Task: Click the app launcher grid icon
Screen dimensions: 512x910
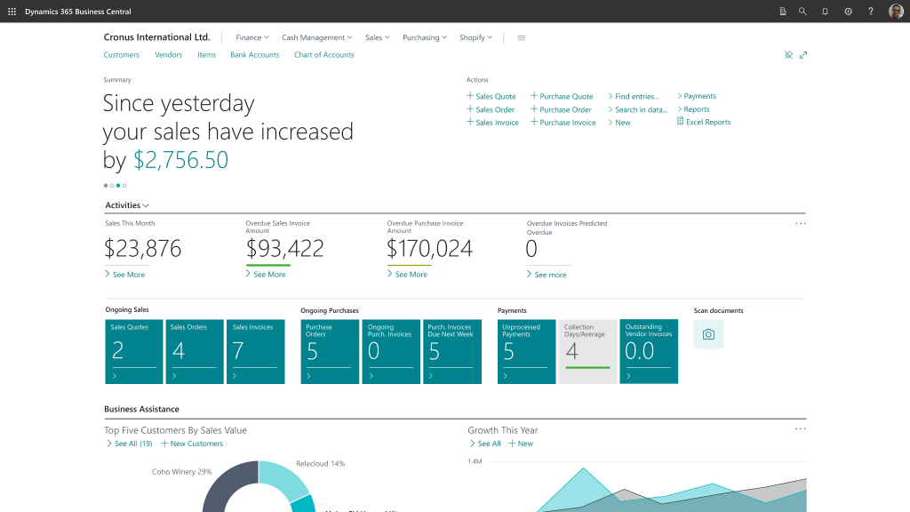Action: coord(12,12)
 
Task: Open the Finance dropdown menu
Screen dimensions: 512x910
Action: coord(251,37)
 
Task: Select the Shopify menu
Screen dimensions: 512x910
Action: coord(475,37)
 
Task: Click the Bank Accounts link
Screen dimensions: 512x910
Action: coord(254,55)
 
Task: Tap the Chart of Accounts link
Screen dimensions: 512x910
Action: coord(323,55)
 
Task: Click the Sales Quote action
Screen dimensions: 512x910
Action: coord(495,96)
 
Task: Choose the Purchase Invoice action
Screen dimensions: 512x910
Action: coord(567,123)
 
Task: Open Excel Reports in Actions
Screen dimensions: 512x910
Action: coord(707,122)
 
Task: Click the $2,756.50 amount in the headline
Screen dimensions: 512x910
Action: coord(180,160)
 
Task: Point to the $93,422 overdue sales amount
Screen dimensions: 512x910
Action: coord(284,248)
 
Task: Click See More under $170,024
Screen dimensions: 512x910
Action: coord(411,275)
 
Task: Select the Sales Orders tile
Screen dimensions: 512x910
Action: coord(196,351)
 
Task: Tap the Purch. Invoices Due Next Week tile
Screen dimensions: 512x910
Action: coord(451,351)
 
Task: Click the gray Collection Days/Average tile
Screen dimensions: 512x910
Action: coord(587,351)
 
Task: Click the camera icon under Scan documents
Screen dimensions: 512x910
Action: coord(708,334)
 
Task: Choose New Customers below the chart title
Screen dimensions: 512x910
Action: coord(196,444)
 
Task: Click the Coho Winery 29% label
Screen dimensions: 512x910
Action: coord(181,472)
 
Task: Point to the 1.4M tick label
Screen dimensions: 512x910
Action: coord(474,462)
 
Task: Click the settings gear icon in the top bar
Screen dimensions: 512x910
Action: coord(848,12)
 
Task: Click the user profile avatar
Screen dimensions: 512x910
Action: coord(896,12)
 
